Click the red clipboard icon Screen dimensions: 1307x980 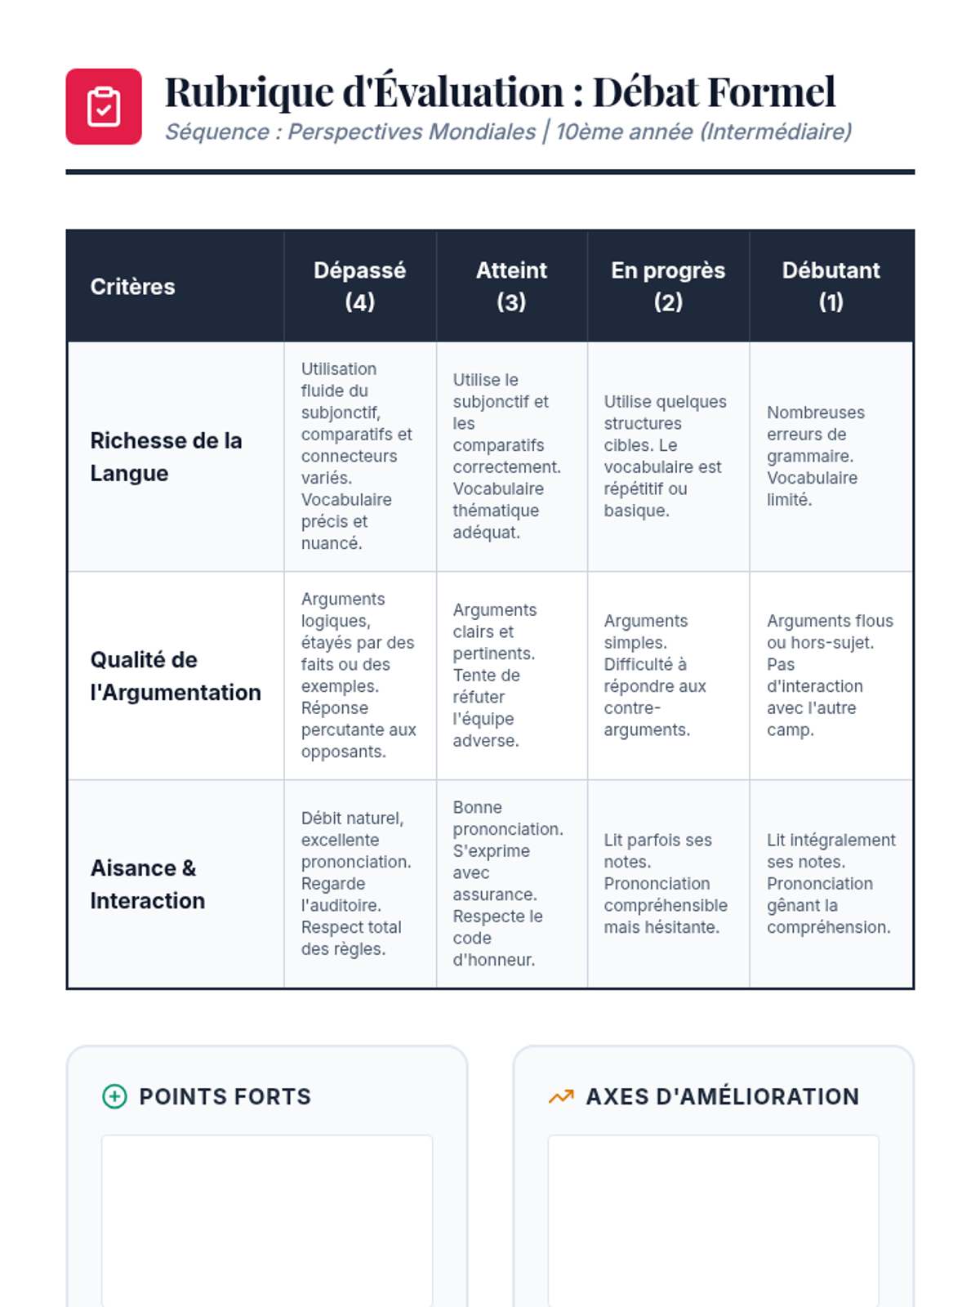pos(104,106)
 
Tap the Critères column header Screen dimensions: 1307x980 pos(132,287)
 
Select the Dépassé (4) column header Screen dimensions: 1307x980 pos(359,286)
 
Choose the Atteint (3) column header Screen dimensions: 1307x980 pos(511,286)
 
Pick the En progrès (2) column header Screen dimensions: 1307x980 pos(668,286)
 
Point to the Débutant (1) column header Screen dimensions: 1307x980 pos(831,286)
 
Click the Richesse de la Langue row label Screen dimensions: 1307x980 pos(166,457)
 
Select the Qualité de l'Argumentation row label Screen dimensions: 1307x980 pos(175,676)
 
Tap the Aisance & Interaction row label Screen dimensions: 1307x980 pos(147,884)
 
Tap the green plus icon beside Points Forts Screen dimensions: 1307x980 pos(114,1096)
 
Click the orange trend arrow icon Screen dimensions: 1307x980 pos(561,1096)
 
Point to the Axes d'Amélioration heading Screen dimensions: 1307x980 pos(722,1096)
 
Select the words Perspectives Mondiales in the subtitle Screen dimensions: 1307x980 pos(412,132)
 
